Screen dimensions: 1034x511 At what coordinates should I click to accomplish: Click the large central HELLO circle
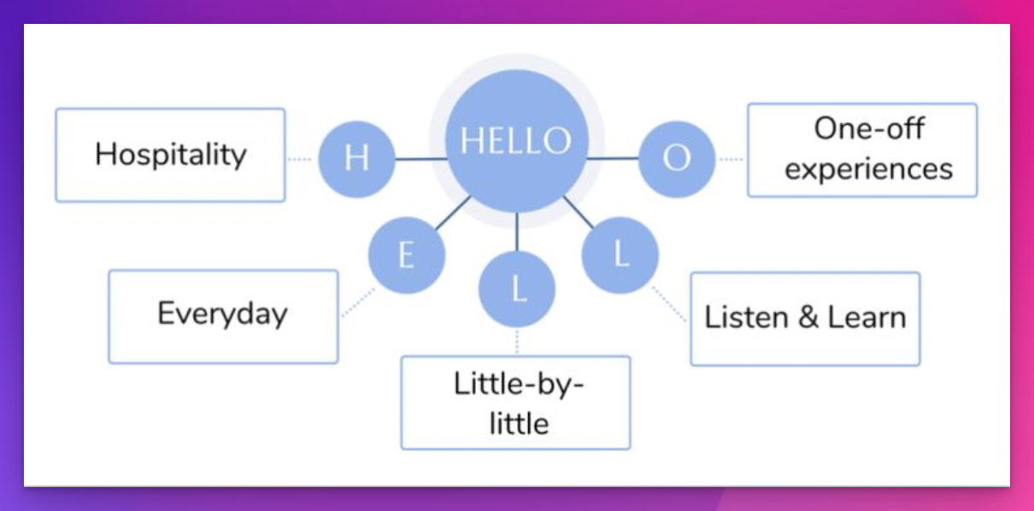click(x=517, y=141)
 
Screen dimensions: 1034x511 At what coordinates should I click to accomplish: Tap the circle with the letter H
click(x=357, y=159)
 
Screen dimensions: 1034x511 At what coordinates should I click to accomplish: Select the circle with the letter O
click(x=677, y=159)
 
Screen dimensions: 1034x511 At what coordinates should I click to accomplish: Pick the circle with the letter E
click(x=407, y=255)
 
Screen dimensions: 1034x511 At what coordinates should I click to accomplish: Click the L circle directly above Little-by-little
click(x=517, y=290)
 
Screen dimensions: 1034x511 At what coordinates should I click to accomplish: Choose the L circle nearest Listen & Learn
click(x=620, y=255)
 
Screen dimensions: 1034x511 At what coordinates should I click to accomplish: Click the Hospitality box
click(x=170, y=156)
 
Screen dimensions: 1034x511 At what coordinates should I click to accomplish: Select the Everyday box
click(x=223, y=317)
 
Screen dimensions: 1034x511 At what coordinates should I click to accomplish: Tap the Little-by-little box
click(x=515, y=402)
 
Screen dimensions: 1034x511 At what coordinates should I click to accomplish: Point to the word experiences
click(x=869, y=169)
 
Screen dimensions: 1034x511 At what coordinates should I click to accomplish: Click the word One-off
click(x=869, y=128)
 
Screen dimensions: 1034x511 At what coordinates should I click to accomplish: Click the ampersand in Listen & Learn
click(x=808, y=318)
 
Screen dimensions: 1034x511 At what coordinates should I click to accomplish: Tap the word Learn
click(x=867, y=318)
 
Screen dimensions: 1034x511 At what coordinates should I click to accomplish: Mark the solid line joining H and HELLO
click(x=421, y=159)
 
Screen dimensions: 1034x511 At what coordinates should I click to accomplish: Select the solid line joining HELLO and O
click(x=613, y=158)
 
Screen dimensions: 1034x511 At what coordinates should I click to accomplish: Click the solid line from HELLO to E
click(x=453, y=213)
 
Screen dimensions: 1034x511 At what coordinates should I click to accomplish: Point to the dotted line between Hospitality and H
click(x=300, y=159)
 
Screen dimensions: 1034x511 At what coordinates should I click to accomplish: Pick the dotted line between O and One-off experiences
click(x=731, y=159)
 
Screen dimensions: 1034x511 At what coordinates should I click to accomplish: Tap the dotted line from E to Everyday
click(x=358, y=302)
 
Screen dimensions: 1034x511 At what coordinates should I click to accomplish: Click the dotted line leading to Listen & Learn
click(x=669, y=303)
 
